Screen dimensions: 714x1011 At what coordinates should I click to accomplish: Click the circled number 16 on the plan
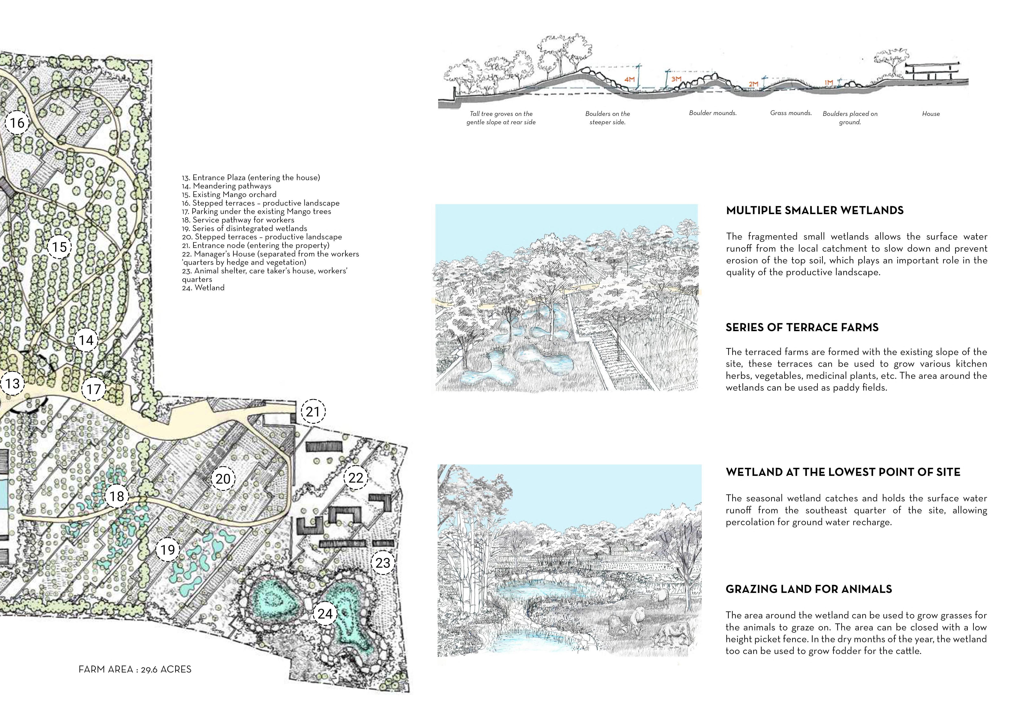pyautogui.click(x=17, y=123)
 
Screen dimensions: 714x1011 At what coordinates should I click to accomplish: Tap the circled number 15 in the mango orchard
pyautogui.click(x=59, y=247)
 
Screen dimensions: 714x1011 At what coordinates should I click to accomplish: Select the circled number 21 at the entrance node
pyautogui.click(x=313, y=412)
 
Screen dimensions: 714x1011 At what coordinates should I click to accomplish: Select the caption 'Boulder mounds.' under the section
pyautogui.click(x=713, y=113)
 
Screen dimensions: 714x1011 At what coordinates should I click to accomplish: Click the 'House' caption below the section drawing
pyautogui.click(x=931, y=114)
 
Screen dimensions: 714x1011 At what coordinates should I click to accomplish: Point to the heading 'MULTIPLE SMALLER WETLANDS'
pyautogui.click(x=815, y=210)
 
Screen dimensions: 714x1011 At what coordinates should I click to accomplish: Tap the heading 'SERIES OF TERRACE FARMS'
pyautogui.click(x=802, y=327)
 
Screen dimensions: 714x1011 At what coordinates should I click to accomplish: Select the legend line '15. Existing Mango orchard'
pyautogui.click(x=229, y=194)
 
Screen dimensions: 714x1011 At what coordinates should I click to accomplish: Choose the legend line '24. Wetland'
pyautogui.click(x=203, y=288)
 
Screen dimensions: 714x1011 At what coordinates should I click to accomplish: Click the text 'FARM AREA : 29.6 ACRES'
pyautogui.click(x=135, y=669)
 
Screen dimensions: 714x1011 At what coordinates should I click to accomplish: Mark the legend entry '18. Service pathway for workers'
pyautogui.click(x=238, y=220)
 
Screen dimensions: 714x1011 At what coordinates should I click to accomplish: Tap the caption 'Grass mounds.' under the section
pyautogui.click(x=791, y=113)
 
